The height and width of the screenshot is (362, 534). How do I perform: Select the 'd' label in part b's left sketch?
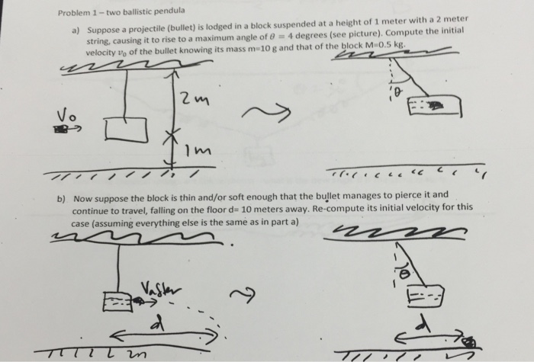tap(159, 325)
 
